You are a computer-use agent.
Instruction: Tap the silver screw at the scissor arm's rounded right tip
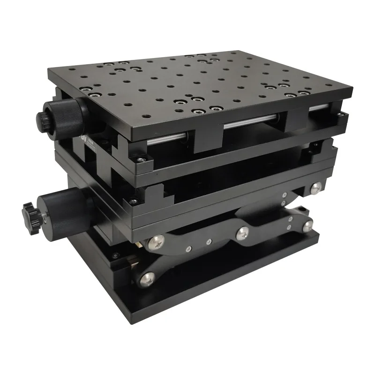(x=307, y=226)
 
